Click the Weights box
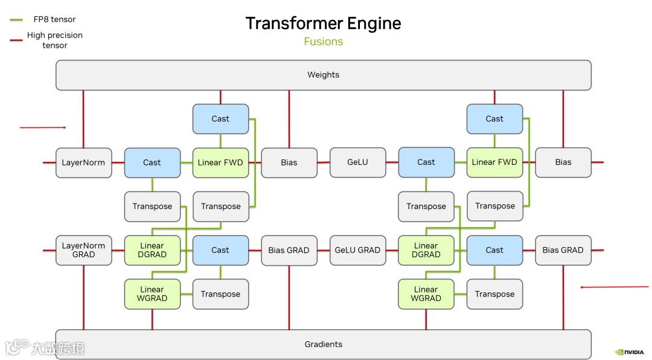coord(324,75)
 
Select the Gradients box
coord(324,344)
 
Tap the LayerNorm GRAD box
coord(83,250)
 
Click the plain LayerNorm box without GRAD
coord(83,162)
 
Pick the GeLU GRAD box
coord(357,250)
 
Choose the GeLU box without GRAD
coord(357,162)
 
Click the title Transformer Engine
coord(324,24)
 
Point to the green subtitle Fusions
coord(324,42)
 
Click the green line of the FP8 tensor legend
coord(16,19)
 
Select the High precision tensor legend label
coord(55,40)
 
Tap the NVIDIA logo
coord(630,352)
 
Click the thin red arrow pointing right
coord(43,127)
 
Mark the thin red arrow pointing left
coord(615,287)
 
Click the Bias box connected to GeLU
coord(289,162)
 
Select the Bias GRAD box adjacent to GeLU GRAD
coord(289,250)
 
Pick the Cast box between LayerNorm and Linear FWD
coord(152,162)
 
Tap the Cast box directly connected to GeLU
coord(426,162)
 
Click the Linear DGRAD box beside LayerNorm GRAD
coord(152,250)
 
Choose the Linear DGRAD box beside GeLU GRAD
coord(426,250)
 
